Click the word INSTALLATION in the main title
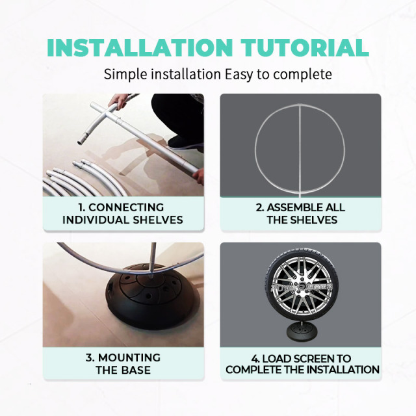[140, 47]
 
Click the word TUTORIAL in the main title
[305, 47]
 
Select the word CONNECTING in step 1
[126, 207]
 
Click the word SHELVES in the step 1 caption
[158, 220]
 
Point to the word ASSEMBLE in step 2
[294, 207]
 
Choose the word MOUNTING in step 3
[129, 357]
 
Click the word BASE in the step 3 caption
[136, 370]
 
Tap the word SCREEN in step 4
[314, 359]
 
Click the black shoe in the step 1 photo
[185, 142]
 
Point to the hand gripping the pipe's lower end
[198, 177]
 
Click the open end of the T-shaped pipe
[81, 142]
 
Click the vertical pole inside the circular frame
[300, 151]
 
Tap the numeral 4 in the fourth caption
[254, 359]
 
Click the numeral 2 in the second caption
[259, 207]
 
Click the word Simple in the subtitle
[125, 75]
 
